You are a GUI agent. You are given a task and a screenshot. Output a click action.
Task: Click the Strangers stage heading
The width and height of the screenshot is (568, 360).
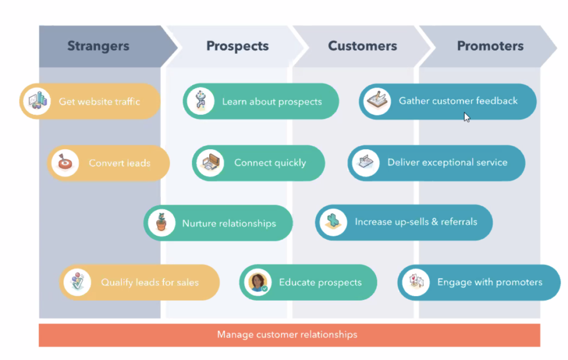pos(98,46)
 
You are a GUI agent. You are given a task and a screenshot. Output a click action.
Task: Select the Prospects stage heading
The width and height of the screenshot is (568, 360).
pos(237,46)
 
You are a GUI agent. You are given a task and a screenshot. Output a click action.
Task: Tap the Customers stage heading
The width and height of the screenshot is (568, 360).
pos(362,46)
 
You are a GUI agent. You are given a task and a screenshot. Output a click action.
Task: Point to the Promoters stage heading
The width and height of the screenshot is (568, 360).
pos(490,46)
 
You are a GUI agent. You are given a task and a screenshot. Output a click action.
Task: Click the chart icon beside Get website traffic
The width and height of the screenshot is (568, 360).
pos(37,101)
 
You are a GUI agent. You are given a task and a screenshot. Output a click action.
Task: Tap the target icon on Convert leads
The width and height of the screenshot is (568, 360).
pos(65,163)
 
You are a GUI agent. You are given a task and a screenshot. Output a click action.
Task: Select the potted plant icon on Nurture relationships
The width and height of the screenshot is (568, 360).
pos(161,223)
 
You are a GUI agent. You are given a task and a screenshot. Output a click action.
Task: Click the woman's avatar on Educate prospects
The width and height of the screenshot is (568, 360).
pos(257,282)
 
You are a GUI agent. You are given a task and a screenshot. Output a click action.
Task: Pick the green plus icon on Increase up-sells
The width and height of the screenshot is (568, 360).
pos(333,222)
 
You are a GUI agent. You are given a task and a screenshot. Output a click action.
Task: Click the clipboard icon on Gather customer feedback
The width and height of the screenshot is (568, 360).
pos(377,102)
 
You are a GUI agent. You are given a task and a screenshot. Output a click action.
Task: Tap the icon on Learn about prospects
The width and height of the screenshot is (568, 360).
pos(201,101)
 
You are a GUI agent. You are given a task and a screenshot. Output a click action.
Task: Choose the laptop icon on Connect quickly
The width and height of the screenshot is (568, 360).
pos(210,163)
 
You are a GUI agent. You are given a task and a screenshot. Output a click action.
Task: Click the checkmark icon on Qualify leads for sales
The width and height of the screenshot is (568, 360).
pos(77,282)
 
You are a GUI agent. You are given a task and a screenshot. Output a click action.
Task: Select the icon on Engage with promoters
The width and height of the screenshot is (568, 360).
pos(416,282)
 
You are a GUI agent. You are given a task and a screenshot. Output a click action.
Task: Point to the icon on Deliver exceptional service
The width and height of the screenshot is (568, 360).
pos(366,163)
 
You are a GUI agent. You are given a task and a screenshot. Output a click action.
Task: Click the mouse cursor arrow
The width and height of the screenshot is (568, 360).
pos(466,117)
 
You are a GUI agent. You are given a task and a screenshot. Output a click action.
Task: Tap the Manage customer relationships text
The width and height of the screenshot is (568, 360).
pos(287,334)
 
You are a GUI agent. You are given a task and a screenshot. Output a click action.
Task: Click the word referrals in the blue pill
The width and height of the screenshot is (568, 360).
pos(459,222)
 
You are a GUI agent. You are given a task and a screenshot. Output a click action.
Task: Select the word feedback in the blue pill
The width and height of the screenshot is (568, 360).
pos(496,101)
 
